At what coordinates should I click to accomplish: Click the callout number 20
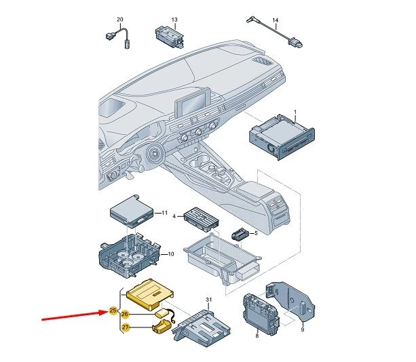pyautogui.click(x=120, y=20)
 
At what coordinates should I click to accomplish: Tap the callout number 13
pyautogui.click(x=174, y=20)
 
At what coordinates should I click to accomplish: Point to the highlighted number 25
pyautogui.click(x=113, y=311)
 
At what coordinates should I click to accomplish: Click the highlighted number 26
pyautogui.click(x=125, y=314)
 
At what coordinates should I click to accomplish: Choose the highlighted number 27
pyautogui.click(x=125, y=328)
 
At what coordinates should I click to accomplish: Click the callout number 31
pyautogui.click(x=209, y=300)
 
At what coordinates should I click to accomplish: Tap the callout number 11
pyautogui.click(x=164, y=214)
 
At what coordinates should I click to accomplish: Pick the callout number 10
pyautogui.click(x=171, y=254)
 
